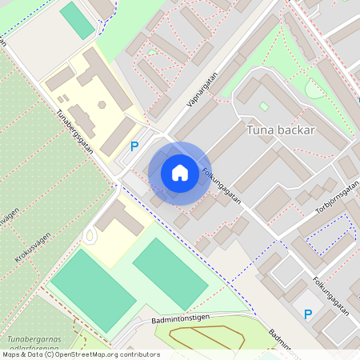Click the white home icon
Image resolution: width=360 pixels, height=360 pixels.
point(180,172)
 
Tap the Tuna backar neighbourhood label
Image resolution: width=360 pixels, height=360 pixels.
point(281,130)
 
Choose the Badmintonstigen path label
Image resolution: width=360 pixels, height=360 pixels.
point(180,318)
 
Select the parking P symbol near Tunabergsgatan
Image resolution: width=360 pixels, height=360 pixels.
point(134,146)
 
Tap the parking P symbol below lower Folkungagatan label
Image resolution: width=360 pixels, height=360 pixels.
point(307,314)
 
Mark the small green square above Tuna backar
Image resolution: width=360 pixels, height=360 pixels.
point(265,106)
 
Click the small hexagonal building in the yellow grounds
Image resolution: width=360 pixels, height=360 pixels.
point(102,104)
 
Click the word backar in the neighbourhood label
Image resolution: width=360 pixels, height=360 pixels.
point(298,130)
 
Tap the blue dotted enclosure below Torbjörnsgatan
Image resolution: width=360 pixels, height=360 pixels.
point(330,237)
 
